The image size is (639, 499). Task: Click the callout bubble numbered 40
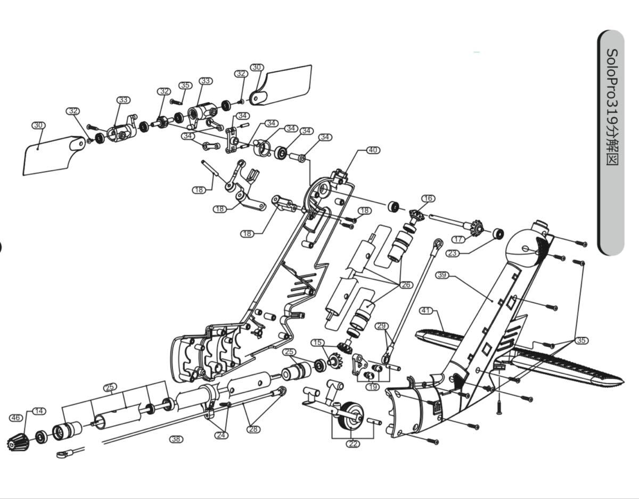pyautogui.click(x=373, y=150)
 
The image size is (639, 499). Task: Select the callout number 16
pyautogui.click(x=428, y=198)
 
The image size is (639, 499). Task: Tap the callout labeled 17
pyautogui.click(x=458, y=239)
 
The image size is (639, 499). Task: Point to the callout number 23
pyautogui.click(x=453, y=253)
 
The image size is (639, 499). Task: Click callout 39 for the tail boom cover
pyautogui.click(x=442, y=275)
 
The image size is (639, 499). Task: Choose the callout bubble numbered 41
pyautogui.click(x=427, y=311)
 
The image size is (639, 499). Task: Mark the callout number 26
pyautogui.click(x=406, y=285)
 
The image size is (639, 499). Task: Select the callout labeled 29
pyautogui.click(x=381, y=326)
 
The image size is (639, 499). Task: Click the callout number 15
pyautogui.click(x=317, y=343)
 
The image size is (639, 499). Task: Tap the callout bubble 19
pyautogui.click(x=373, y=387)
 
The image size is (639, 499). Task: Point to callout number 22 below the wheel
pyautogui.click(x=353, y=444)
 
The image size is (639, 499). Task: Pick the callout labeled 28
pyautogui.click(x=253, y=429)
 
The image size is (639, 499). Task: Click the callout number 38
pyautogui.click(x=176, y=439)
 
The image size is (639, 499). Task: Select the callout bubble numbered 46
pyautogui.click(x=16, y=418)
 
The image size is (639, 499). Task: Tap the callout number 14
pyautogui.click(x=39, y=411)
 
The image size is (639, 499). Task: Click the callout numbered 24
pyautogui.click(x=222, y=435)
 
